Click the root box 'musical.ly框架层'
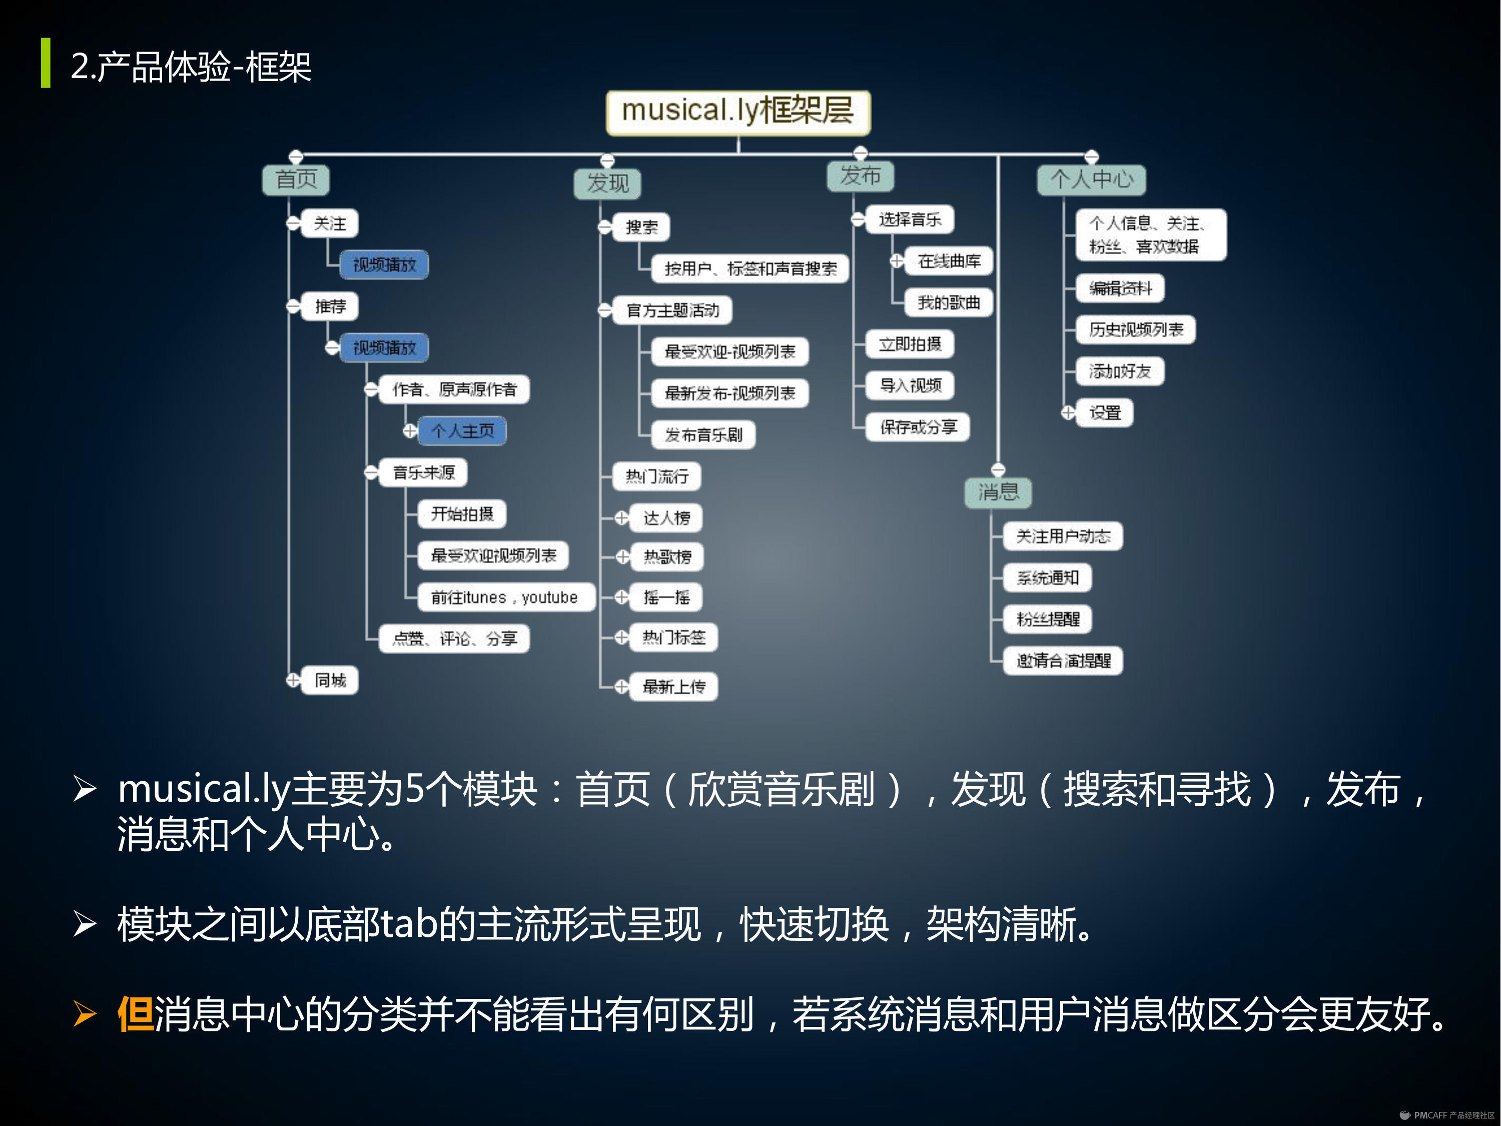coord(737,111)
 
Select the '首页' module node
coord(296,180)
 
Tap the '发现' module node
coord(607,183)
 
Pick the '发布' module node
coord(860,176)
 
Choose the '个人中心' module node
coord(1091,180)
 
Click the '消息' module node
coord(998,492)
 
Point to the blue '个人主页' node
coord(462,431)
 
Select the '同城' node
coord(330,680)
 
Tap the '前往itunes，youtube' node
coord(504,597)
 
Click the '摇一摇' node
coord(666,597)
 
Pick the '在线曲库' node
coord(949,261)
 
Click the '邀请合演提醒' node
coord(1063,661)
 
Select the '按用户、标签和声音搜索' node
coord(750,269)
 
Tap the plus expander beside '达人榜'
coord(621,518)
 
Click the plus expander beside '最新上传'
coord(621,687)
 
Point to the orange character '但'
coord(135,1015)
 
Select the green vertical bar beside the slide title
coord(46,63)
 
